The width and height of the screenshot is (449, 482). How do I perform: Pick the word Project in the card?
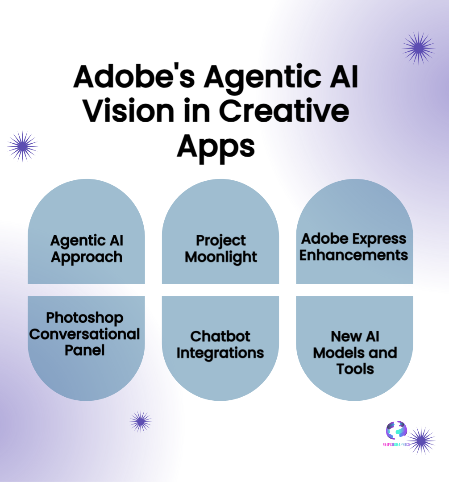pyautogui.click(x=220, y=241)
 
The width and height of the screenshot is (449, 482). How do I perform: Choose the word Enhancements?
pyautogui.click(x=354, y=255)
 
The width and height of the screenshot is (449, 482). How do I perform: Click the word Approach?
pyautogui.click(x=87, y=258)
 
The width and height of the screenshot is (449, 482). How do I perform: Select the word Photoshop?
pyautogui.click(x=85, y=318)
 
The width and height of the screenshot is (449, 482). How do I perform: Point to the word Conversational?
pyautogui.click(x=85, y=334)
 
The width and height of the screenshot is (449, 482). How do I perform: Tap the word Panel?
pyautogui.click(x=85, y=350)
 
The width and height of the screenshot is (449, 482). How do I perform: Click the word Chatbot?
pyautogui.click(x=220, y=336)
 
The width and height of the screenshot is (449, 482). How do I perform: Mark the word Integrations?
pyautogui.click(x=220, y=353)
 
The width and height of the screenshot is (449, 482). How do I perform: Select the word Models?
pyautogui.click(x=337, y=353)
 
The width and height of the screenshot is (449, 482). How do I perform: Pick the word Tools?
pyautogui.click(x=355, y=369)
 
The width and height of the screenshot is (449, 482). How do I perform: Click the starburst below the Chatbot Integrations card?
pyautogui.click(x=141, y=422)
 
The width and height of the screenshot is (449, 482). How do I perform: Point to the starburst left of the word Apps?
pyautogui.click(x=23, y=146)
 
